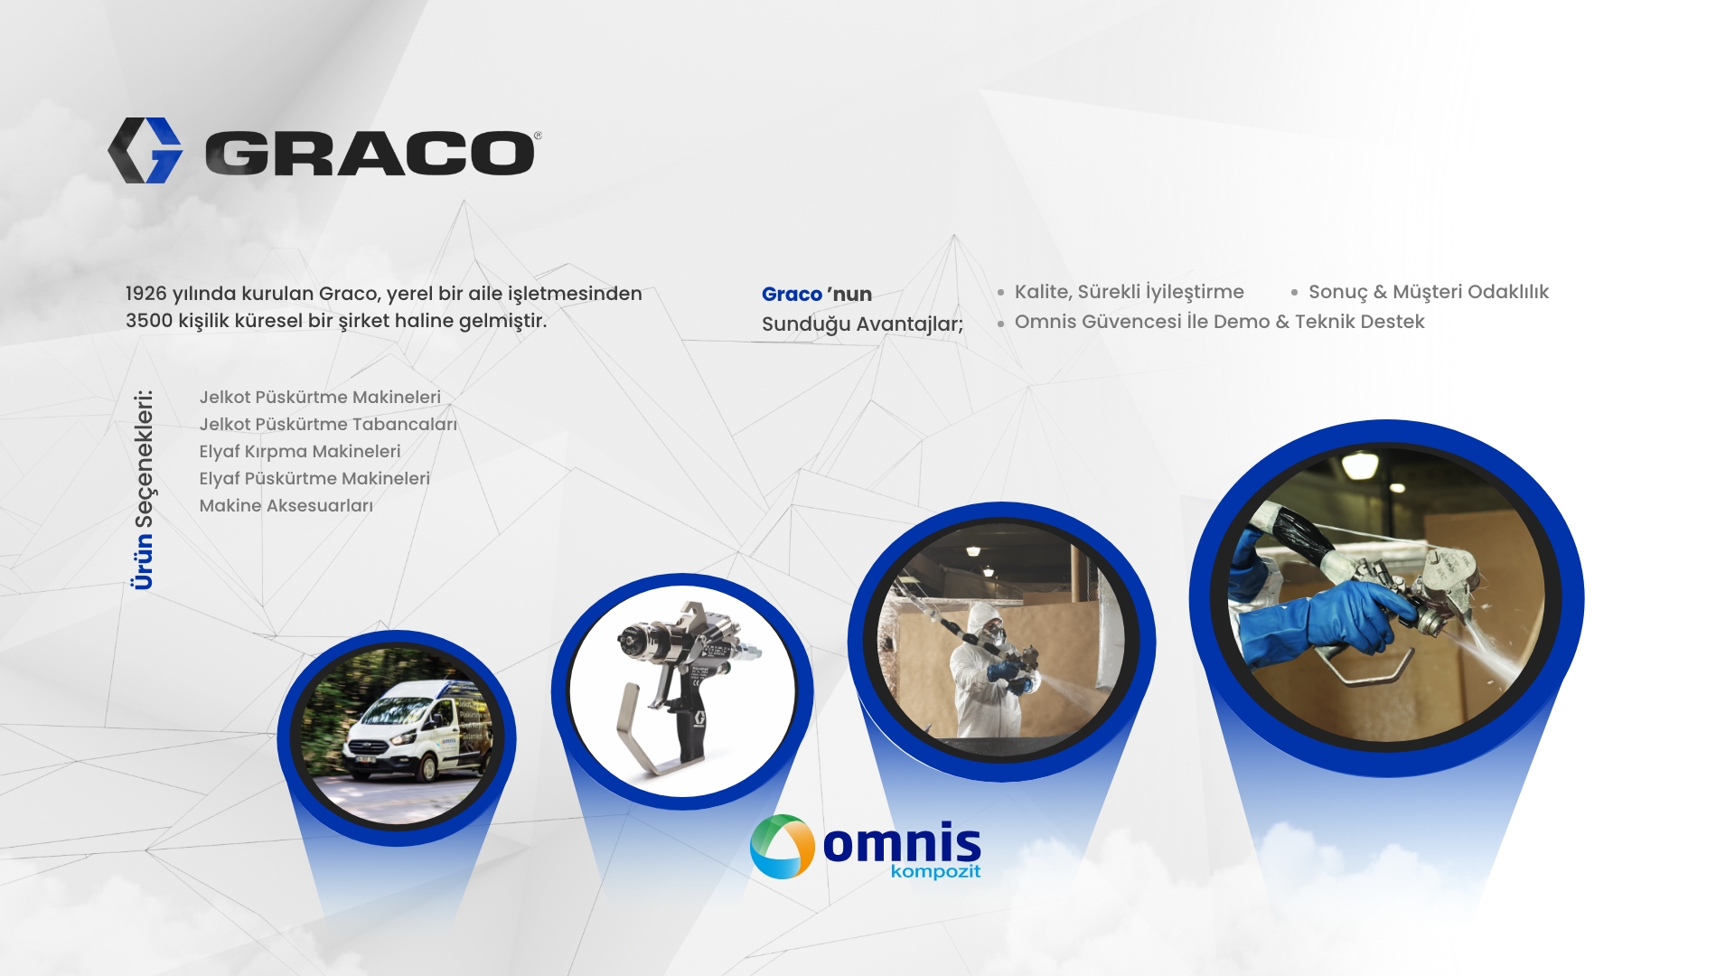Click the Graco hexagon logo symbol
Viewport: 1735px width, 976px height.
(145, 150)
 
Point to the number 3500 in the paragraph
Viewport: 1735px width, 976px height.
(149, 321)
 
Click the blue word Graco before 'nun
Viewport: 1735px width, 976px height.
(792, 294)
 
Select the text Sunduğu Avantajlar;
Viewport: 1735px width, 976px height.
(862, 324)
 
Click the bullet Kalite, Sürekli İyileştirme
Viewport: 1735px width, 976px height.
(1129, 292)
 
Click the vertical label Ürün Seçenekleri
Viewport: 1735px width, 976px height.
(143, 490)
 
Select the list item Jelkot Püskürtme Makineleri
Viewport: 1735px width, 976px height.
(320, 398)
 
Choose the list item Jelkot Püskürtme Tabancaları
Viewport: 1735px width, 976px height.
(328, 425)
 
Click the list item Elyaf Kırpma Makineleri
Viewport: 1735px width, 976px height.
(300, 452)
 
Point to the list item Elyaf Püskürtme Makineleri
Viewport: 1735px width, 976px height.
(314, 479)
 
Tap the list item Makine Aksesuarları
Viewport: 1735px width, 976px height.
(286, 506)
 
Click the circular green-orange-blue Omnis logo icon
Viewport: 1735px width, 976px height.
(782, 847)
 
